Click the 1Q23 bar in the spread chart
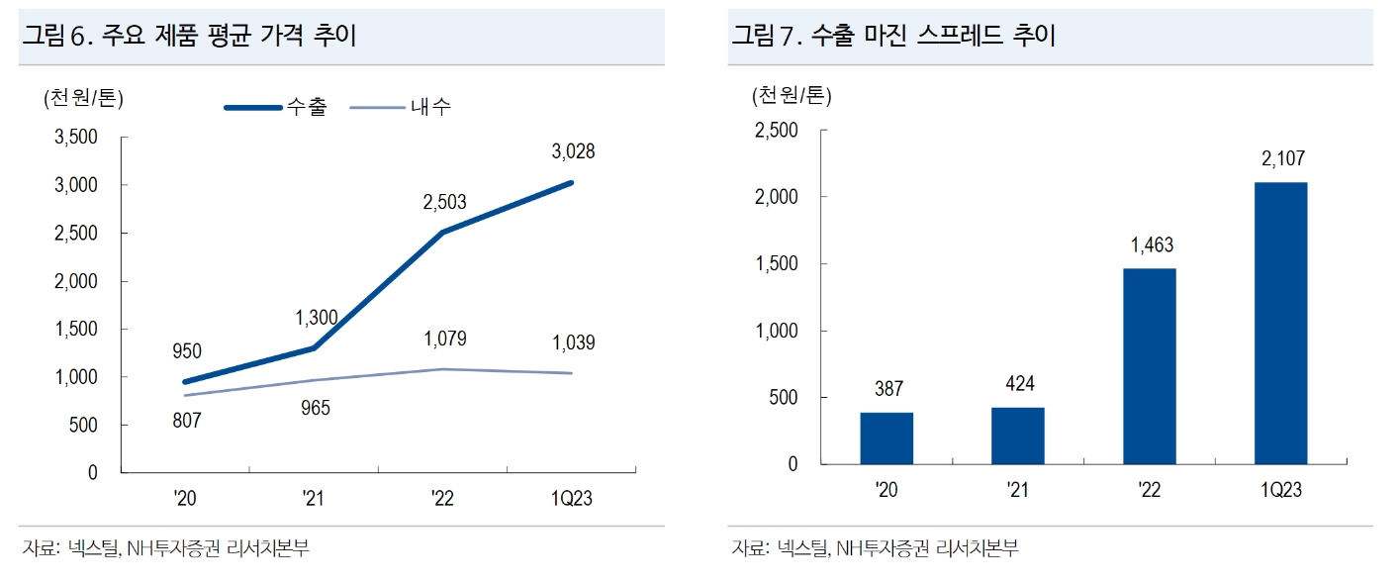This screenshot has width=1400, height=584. (x=1280, y=323)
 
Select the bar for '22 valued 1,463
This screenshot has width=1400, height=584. (x=1149, y=366)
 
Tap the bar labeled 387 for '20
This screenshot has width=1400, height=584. (x=886, y=438)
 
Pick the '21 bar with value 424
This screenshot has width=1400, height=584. (x=1017, y=436)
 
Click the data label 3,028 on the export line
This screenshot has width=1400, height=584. (x=573, y=151)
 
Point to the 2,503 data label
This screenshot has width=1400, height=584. (x=442, y=202)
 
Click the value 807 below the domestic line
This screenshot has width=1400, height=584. (x=187, y=421)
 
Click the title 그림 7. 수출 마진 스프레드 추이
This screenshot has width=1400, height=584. (x=893, y=37)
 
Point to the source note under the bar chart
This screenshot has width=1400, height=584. (x=875, y=548)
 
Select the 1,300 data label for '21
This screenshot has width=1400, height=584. (x=317, y=318)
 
